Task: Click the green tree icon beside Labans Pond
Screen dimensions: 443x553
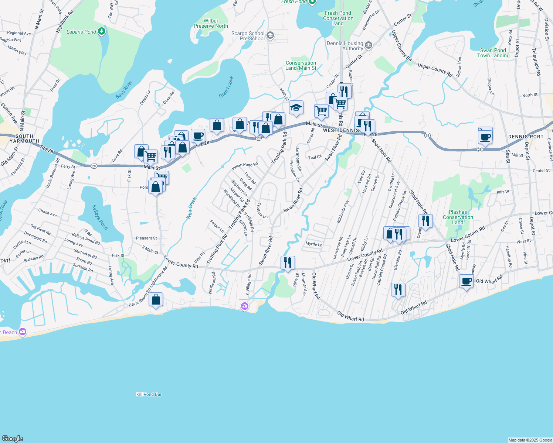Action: point(102,32)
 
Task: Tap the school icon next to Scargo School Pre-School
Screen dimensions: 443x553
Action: point(270,35)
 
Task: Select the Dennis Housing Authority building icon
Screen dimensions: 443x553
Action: point(368,45)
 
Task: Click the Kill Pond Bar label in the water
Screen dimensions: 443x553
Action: point(149,394)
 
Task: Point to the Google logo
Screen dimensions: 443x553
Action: point(13,438)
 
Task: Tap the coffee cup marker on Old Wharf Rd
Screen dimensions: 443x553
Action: point(467,282)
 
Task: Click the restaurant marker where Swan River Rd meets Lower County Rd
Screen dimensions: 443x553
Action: point(288,263)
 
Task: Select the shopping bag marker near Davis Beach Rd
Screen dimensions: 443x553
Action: point(156,300)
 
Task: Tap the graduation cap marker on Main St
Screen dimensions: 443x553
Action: point(296,108)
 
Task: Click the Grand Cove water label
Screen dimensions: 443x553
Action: point(226,87)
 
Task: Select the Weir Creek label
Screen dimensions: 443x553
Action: point(192,208)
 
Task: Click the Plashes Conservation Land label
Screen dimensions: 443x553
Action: point(458,217)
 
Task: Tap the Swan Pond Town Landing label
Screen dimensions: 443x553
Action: point(493,53)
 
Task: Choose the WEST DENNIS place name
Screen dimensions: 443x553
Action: point(341,130)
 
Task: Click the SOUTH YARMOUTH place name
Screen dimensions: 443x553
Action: point(24,138)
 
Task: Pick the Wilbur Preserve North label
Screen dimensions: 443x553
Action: point(211,23)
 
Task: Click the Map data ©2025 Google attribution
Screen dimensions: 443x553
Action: point(530,440)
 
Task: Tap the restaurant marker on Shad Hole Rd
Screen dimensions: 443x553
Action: point(425,221)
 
